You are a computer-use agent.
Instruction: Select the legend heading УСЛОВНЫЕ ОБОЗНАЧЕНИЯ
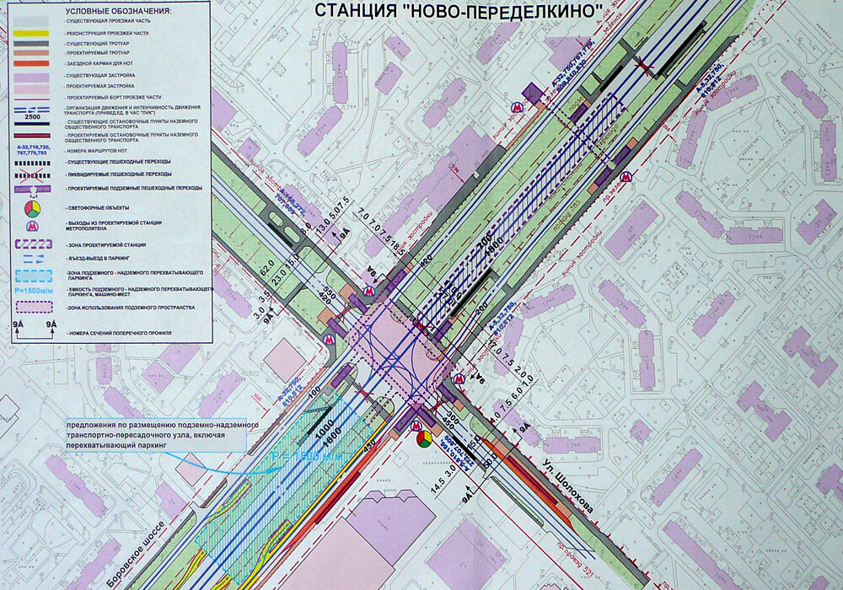coord(117,12)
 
